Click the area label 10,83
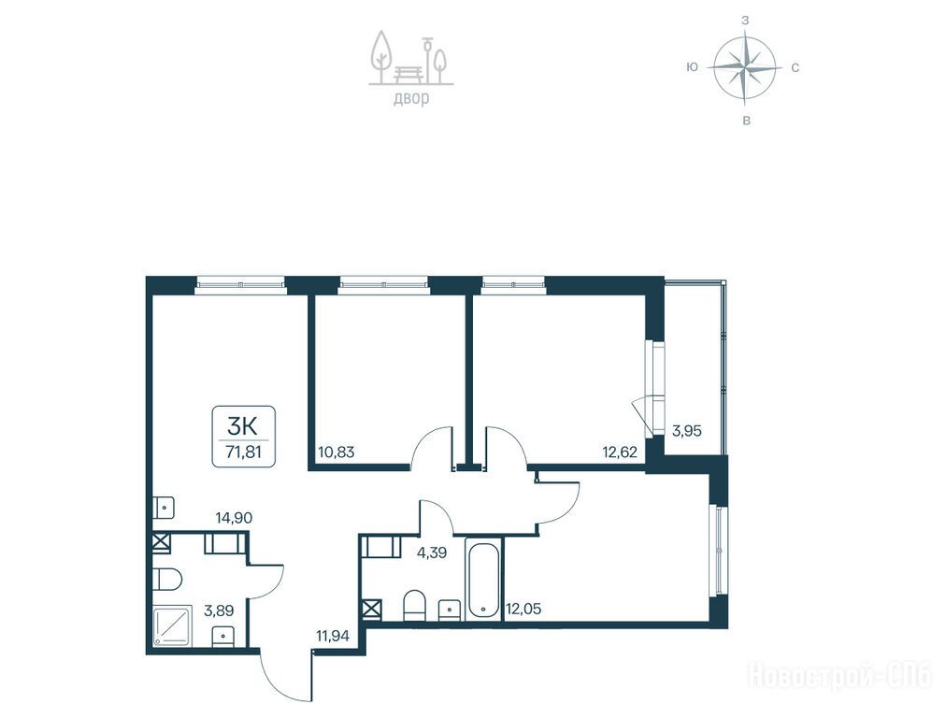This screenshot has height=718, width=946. tap(336, 452)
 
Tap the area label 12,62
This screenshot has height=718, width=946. tap(620, 452)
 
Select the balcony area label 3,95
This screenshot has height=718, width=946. tap(686, 431)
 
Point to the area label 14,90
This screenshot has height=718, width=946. tap(234, 517)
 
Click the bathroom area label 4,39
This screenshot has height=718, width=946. tap(432, 553)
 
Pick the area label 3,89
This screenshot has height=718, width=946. tap(219, 610)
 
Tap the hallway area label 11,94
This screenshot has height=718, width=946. tap(333, 635)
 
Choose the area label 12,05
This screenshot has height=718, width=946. tap(523, 610)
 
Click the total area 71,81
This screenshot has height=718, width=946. tap(244, 452)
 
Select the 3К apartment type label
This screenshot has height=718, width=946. tap(242, 426)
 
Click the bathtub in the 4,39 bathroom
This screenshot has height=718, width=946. tap(483, 579)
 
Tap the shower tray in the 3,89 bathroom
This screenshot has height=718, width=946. tap(171, 626)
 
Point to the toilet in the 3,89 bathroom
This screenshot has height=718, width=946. tap(167, 580)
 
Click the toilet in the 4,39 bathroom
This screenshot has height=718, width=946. tap(414, 605)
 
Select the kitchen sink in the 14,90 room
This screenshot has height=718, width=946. tap(164, 508)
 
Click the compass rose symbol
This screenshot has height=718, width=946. tap(744, 67)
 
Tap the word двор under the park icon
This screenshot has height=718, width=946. tap(411, 98)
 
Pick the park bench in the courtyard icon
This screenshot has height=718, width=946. tap(411, 74)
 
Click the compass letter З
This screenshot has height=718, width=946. tap(745, 20)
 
